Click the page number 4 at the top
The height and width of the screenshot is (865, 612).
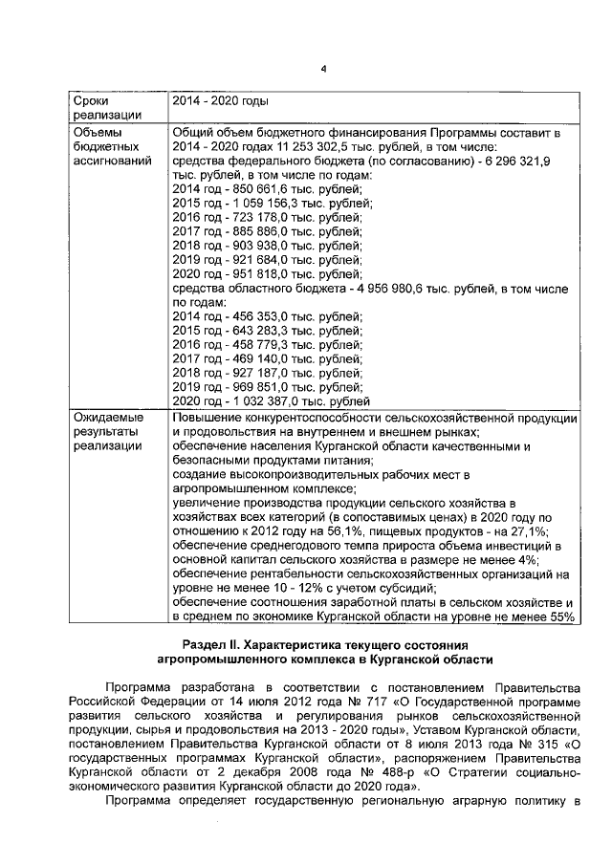(323, 68)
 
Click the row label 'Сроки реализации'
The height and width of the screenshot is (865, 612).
(95, 107)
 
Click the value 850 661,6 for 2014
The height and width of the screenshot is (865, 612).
(247, 189)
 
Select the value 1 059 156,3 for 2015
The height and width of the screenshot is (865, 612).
(251, 204)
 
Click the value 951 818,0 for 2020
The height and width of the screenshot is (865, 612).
(247, 272)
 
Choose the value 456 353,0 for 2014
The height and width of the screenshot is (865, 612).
(247, 315)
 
